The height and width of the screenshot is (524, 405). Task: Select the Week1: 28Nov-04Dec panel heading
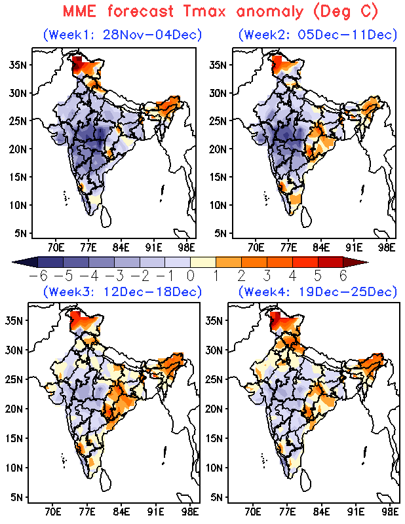coord(122,35)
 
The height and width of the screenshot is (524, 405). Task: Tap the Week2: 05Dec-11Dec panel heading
coord(318,35)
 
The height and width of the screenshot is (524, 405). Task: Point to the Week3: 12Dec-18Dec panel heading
coord(122,291)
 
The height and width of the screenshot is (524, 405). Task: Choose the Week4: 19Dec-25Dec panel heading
coord(318,291)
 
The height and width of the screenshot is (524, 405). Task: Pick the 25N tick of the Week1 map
coord(19,121)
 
